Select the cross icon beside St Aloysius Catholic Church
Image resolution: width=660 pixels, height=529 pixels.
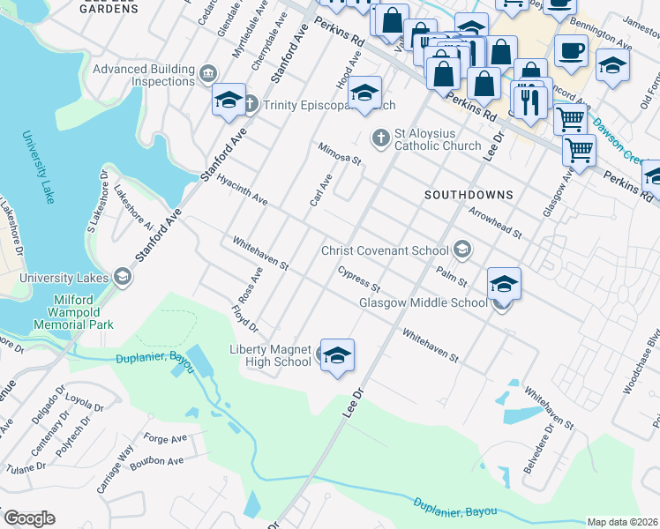(x=380, y=138)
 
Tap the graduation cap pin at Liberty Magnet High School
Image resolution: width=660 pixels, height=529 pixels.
(x=337, y=355)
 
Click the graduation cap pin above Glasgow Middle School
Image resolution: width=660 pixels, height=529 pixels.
(x=504, y=284)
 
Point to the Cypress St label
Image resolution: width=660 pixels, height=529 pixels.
(x=358, y=280)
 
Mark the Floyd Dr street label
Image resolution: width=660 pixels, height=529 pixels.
(x=244, y=319)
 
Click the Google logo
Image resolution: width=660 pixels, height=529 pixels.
(x=29, y=518)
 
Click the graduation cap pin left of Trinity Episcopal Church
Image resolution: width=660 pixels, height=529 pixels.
(x=228, y=100)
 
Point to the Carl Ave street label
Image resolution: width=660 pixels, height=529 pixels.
(x=320, y=190)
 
